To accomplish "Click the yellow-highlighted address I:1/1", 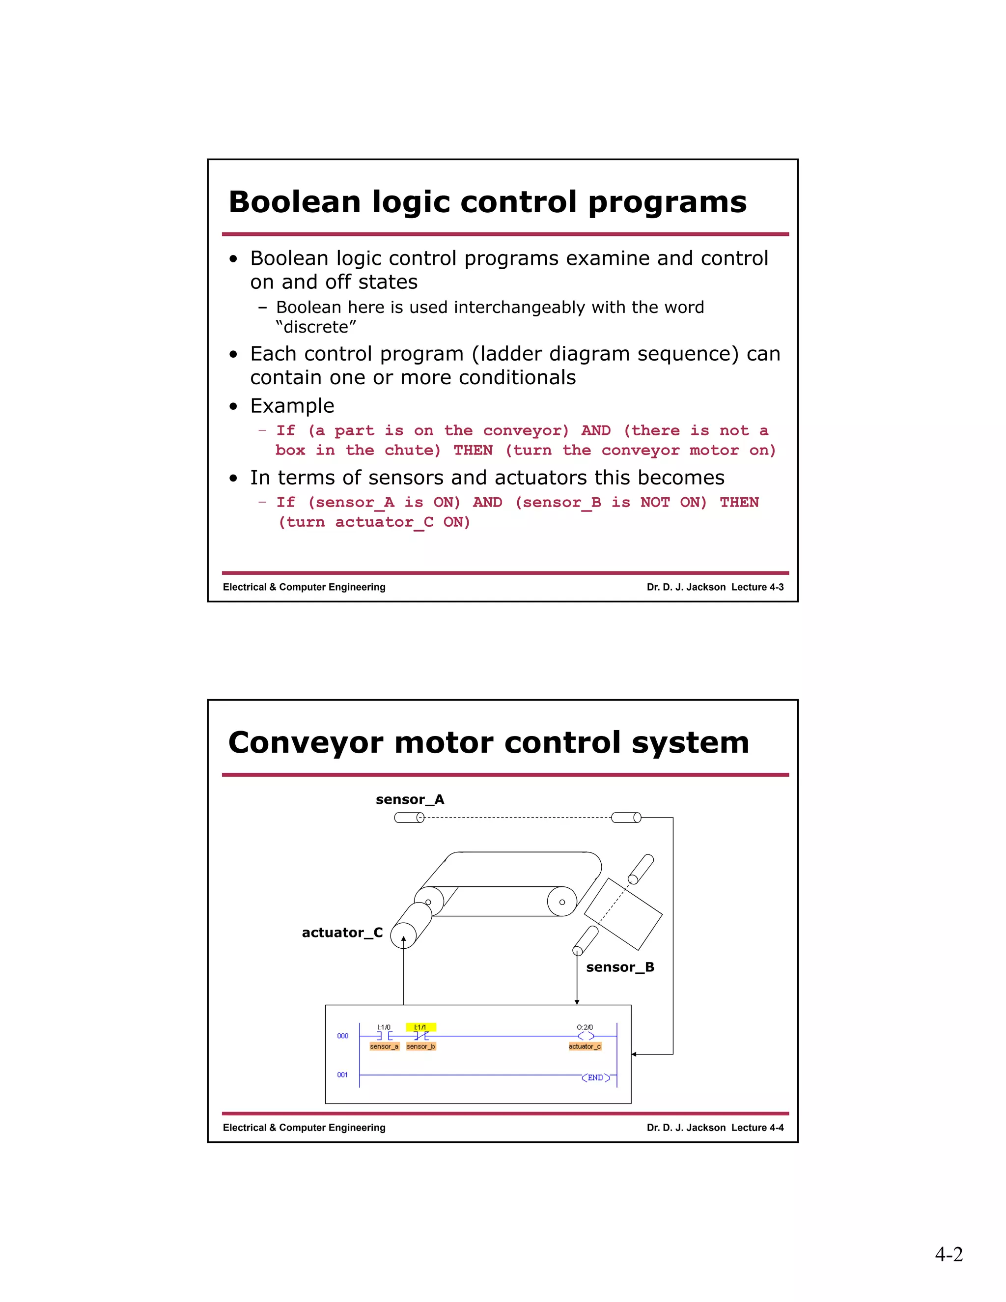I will pyautogui.click(x=421, y=1027).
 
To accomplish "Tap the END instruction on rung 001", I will pyautogui.click(x=595, y=1077).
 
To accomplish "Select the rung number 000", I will pyautogui.click(x=343, y=1036).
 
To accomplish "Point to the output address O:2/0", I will pyautogui.click(x=585, y=1027).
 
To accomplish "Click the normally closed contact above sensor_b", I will pyautogui.click(x=421, y=1036).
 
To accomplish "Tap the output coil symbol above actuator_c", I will pyautogui.click(x=585, y=1036).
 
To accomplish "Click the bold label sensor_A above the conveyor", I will pyautogui.click(x=410, y=799).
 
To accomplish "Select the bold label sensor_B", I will pyautogui.click(x=620, y=967).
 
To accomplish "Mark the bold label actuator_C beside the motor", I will pyautogui.click(x=342, y=933).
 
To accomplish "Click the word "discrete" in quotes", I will pyautogui.click(x=316, y=327).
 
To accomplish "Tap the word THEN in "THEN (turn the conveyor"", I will pyautogui.click(x=473, y=450).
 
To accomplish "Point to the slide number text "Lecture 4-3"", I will pyautogui.click(x=757, y=587).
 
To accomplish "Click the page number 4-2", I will pyautogui.click(x=948, y=1254).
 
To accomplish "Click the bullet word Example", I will pyautogui.click(x=292, y=405).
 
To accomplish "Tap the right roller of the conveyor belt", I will pyautogui.click(x=561, y=902).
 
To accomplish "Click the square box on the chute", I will pyautogui.click(x=623, y=914).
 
